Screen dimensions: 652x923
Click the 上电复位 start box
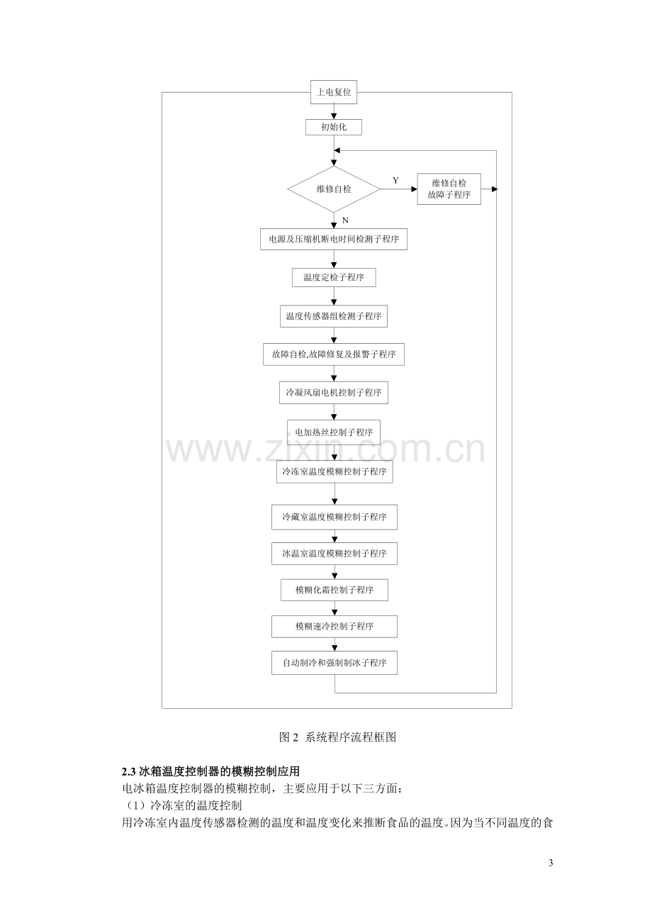coord(334,92)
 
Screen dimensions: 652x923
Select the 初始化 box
coord(334,128)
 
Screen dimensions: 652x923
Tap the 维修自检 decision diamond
coord(334,189)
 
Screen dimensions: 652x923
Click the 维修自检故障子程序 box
coord(449,189)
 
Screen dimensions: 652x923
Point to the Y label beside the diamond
coord(396,181)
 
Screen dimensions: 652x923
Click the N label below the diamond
coord(345,220)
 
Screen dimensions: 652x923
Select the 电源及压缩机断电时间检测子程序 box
coord(334,239)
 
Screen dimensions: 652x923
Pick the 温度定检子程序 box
coord(334,277)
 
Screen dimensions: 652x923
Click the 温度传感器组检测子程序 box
coord(334,316)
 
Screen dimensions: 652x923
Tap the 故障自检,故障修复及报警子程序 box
coord(334,354)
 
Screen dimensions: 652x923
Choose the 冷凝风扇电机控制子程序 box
coord(334,392)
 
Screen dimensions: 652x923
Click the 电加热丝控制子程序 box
coord(334,432)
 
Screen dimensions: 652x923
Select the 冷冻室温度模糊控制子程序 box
coord(335,471)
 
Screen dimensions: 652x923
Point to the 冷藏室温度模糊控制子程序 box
coord(335,517)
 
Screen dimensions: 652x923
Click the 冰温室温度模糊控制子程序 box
coord(335,554)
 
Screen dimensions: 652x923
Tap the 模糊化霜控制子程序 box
coord(335,590)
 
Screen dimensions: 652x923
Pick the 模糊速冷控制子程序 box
coord(335,627)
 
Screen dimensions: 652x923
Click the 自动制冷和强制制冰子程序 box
coord(335,663)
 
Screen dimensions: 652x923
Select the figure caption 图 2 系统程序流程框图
coord(338,737)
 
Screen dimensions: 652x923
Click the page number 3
coord(551,863)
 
